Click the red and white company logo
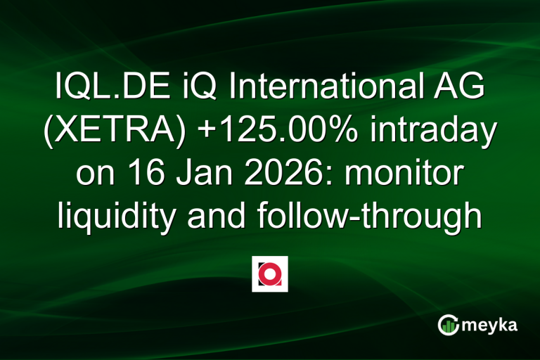269,274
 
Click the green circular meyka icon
448,324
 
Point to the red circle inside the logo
270,274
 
